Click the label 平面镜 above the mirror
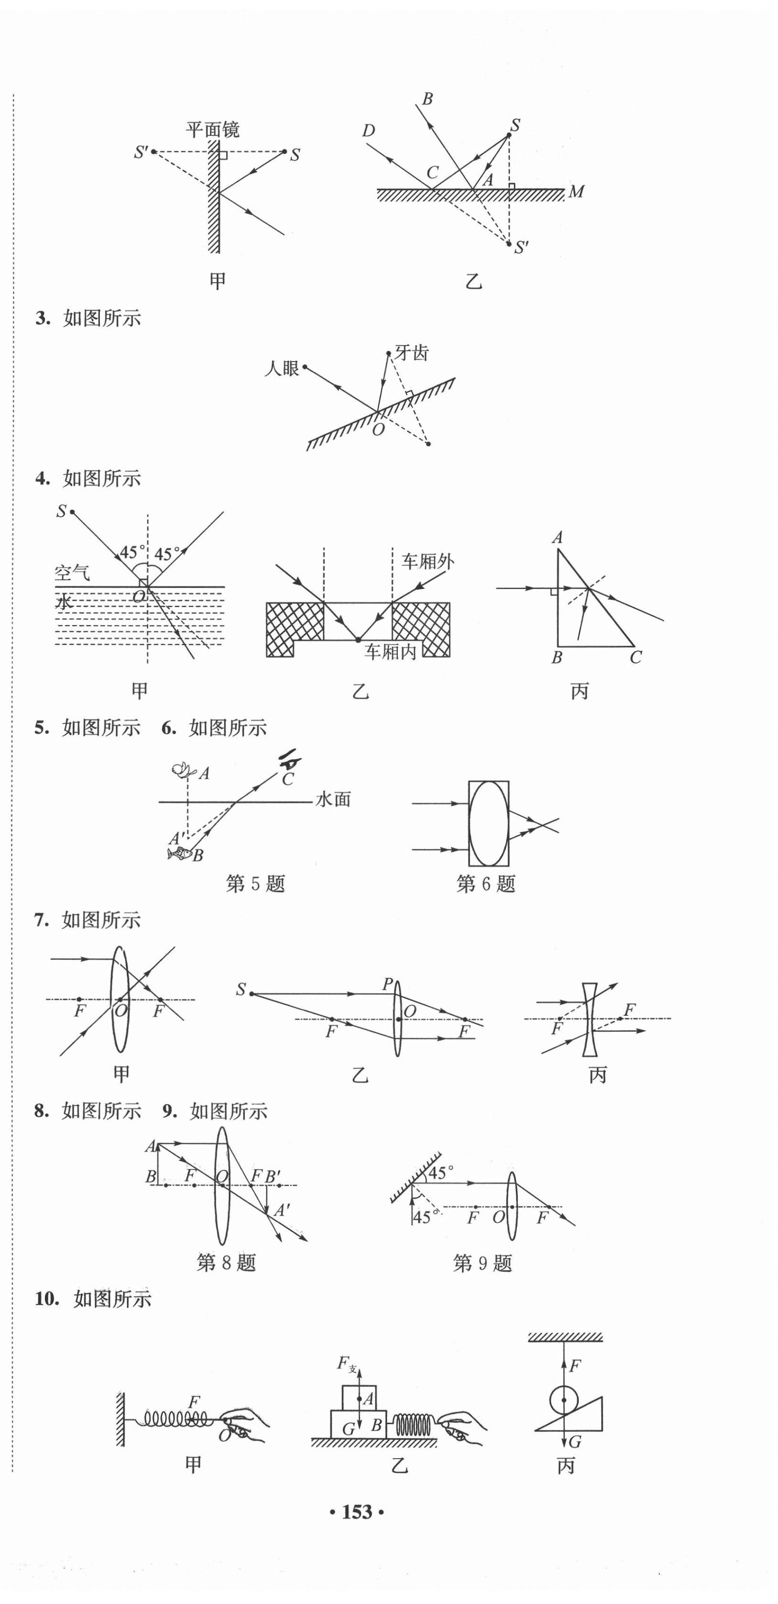point(212,130)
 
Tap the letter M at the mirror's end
point(576,191)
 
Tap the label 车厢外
point(427,561)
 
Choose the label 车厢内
point(390,651)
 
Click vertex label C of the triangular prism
point(635,657)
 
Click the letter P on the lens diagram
point(387,984)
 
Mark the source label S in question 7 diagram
point(241,989)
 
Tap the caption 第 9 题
point(482,1263)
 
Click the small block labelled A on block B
point(359,1399)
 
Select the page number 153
point(357,1512)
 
